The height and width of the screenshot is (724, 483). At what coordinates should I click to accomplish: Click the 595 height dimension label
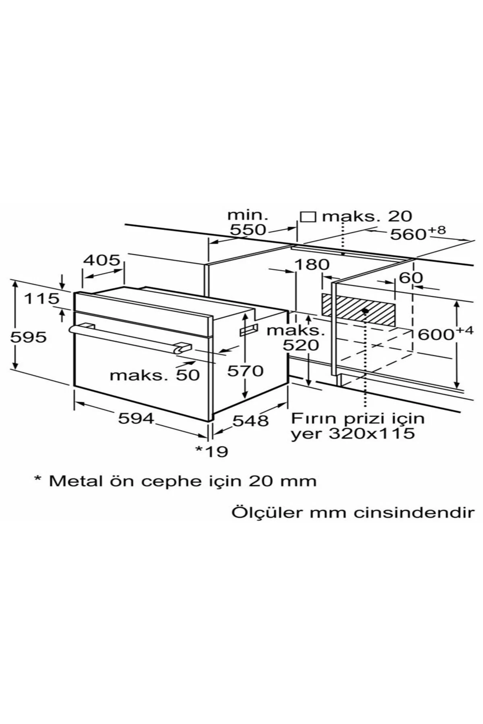[28, 337]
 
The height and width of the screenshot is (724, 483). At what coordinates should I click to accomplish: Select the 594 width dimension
[136, 418]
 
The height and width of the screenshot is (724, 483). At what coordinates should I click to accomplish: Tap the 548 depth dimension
[250, 421]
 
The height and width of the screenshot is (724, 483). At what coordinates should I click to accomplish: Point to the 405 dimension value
[101, 260]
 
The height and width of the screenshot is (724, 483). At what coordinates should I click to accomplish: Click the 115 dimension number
[41, 298]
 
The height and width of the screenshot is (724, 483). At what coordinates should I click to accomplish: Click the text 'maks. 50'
[155, 375]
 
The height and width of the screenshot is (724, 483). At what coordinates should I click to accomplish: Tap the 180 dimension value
[312, 265]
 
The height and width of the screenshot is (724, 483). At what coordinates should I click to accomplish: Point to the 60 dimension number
[411, 278]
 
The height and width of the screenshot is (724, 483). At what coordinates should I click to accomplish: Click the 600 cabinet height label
[436, 334]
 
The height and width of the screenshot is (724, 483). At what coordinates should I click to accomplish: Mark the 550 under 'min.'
[248, 230]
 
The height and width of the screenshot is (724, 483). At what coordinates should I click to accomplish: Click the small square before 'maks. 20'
[308, 216]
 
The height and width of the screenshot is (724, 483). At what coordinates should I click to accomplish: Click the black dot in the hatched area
[365, 311]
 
